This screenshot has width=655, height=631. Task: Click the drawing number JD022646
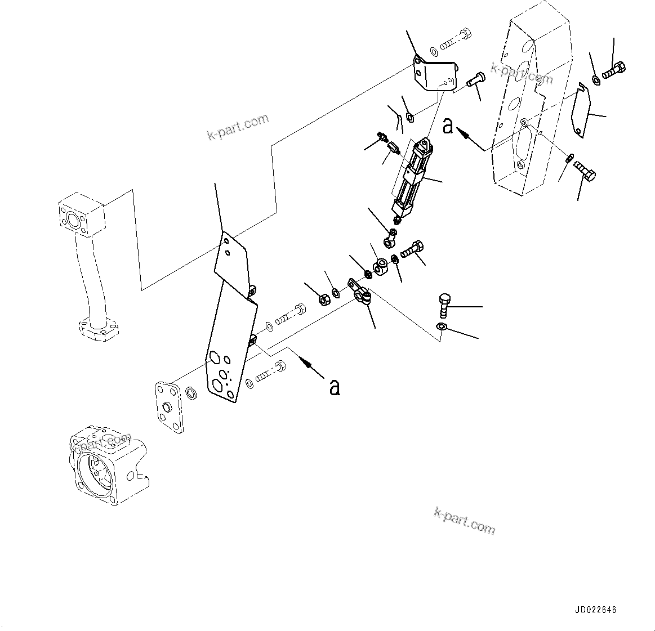595,610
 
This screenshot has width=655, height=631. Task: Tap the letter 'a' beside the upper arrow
448,126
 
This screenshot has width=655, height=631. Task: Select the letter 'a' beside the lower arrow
335,387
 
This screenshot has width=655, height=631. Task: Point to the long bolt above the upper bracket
455,39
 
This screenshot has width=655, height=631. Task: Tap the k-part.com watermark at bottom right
465,521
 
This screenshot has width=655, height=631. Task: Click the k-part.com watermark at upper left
238,128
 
